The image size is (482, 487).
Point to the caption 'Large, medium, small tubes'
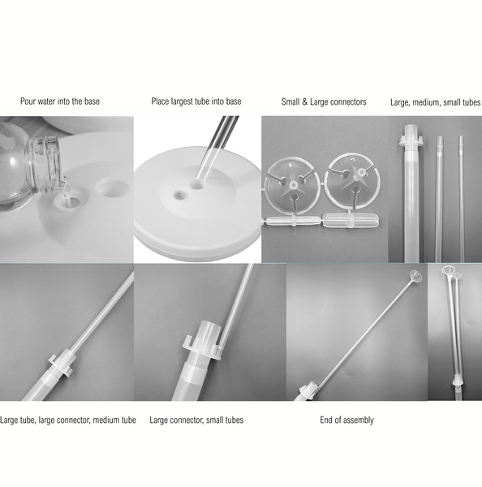(x=435, y=102)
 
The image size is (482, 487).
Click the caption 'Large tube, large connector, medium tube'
(x=68, y=420)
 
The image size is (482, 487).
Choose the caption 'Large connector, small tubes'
(x=196, y=420)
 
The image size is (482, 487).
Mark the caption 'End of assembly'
(x=346, y=420)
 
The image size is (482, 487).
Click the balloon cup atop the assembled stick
(x=416, y=274)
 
